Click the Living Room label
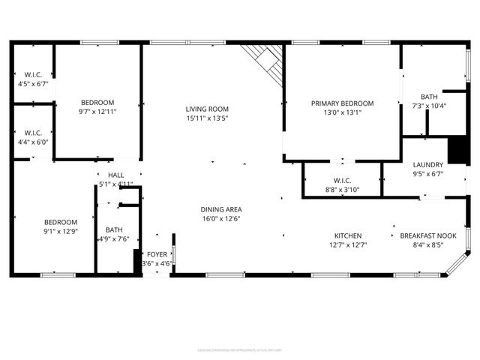point(207,109)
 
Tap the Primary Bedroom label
point(342,103)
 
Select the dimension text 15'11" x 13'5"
point(207,118)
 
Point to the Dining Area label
point(221,209)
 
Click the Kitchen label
point(342,235)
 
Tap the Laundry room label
point(428,165)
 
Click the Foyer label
point(157,255)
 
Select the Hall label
point(115,175)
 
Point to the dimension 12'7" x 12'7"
point(342,244)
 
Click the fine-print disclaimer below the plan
point(239,349)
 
